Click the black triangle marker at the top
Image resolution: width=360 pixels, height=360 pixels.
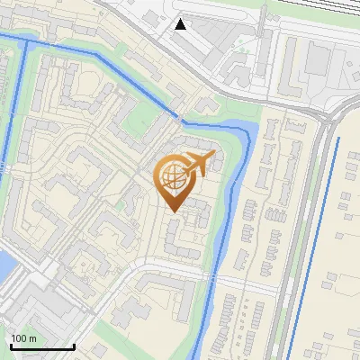pyautogui.click(x=180, y=24)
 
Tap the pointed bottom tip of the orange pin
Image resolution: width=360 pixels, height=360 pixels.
pyautogui.click(x=175, y=212)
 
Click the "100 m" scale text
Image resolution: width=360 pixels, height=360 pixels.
pyautogui.click(x=24, y=337)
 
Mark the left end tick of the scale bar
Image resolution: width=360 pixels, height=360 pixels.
pyautogui.click(x=11, y=346)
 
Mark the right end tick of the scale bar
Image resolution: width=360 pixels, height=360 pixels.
pyautogui.click(x=74, y=346)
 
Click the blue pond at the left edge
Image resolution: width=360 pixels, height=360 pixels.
pyautogui.click(x=4, y=265)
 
